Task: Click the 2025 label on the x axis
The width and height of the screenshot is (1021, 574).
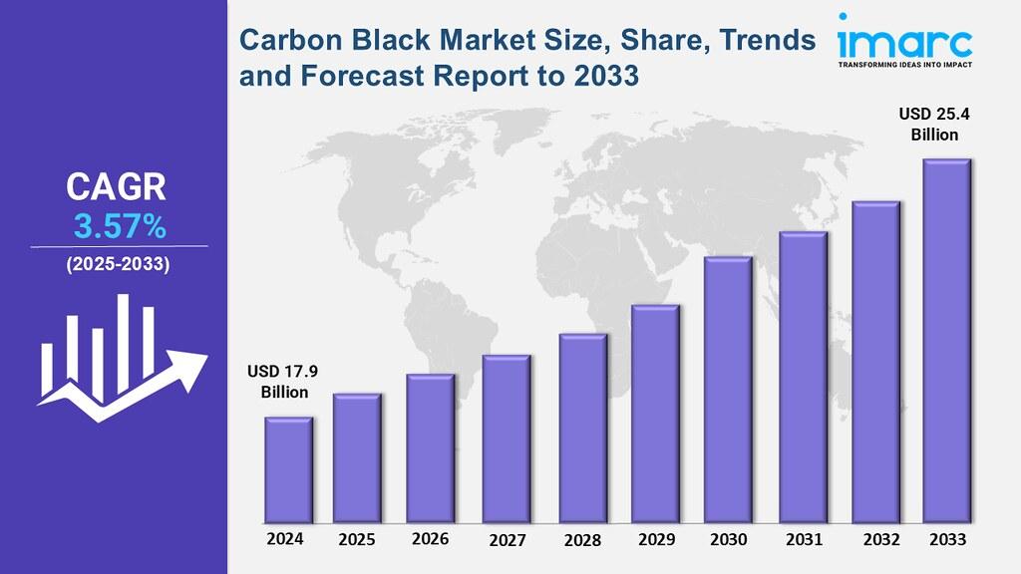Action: click(357, 540)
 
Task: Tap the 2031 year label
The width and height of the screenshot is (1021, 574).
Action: click(804, 540)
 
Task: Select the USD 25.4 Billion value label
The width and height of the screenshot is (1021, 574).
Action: click(934, 125)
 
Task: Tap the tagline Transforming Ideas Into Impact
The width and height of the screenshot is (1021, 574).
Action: click(904, 67)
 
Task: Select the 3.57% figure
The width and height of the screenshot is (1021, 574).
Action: click(119, 227)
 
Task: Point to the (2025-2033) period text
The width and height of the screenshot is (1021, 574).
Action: click(118, 265)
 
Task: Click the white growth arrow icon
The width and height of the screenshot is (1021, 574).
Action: click(120, 359)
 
